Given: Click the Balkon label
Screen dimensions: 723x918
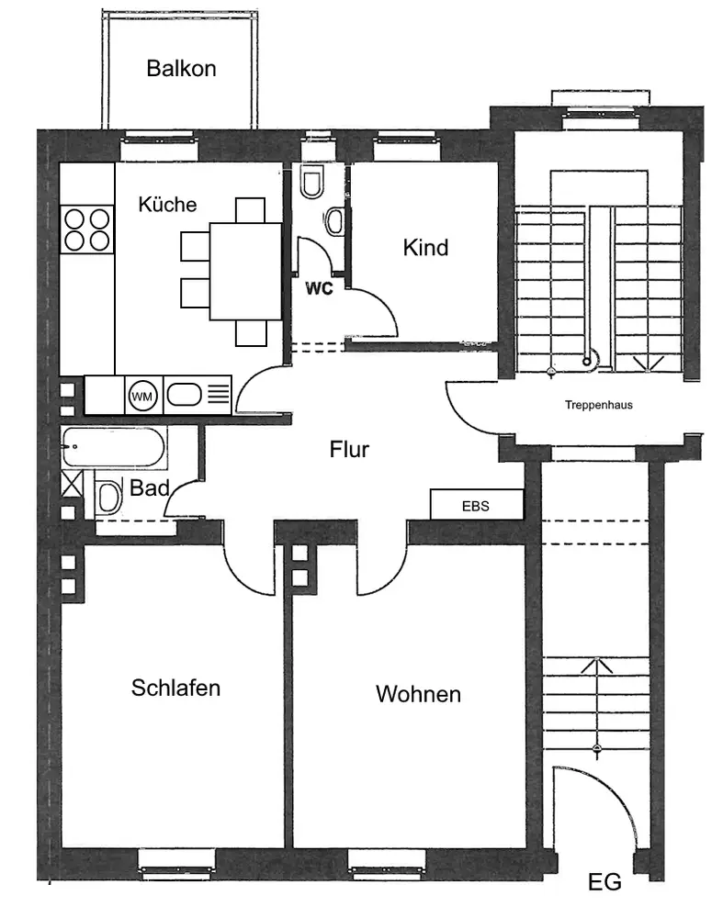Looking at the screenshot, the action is [x=181, y=69].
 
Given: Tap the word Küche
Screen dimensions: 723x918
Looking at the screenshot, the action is [x=167, y=204].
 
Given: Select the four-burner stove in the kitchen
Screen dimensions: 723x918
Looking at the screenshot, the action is [x=86, y=229].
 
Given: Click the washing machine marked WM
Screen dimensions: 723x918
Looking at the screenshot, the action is [x=142, y=397].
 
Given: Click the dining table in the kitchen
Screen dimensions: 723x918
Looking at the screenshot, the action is [x=245, y=271].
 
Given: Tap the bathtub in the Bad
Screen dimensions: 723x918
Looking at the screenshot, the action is [x=114, y=447].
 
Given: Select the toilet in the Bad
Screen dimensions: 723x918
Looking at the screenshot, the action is [x=107, y=497].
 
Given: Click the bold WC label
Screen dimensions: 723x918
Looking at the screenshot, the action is [x=319, y=288].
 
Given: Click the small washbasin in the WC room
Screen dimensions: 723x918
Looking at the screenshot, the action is [x=334, y=221].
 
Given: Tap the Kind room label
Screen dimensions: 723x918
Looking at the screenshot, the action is [x=426, y=248].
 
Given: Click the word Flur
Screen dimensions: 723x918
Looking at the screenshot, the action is [x=349, y=450].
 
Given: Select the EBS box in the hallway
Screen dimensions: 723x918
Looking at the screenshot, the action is [x=477, y=504].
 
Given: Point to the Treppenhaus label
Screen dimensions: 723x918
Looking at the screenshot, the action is [x=599, y=405].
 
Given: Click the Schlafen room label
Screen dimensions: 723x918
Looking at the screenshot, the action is [x=175, y=688].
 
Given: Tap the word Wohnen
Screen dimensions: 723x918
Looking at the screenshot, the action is [x=418, y=694].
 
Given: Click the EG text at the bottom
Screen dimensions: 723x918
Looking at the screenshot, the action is [x=604, y=881].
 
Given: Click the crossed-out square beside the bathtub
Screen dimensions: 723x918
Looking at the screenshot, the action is [x=72, y=485].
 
